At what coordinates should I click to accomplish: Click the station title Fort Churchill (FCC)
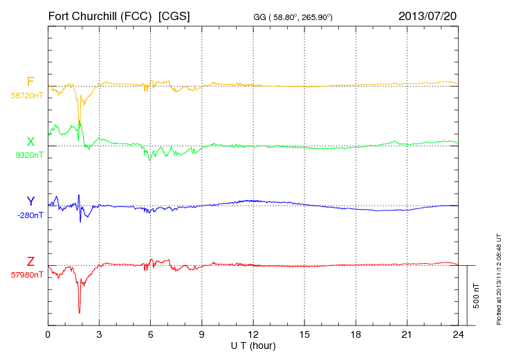(100, 15)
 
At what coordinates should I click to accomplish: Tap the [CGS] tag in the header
(174, 15)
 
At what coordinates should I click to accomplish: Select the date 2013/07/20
(428, 15)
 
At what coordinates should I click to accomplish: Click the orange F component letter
(30, 82)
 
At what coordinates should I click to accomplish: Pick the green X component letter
(30, 142)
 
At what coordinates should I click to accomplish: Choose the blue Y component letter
(30, 201)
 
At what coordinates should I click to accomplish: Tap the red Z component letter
(30, 262)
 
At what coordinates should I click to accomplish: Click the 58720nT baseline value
(26, 95)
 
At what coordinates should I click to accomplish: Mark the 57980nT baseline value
(26, 275)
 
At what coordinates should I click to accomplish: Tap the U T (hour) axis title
(253, 345)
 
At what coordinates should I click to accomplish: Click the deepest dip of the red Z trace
(80, 312)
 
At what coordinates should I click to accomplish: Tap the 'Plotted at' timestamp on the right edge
(499, 275)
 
